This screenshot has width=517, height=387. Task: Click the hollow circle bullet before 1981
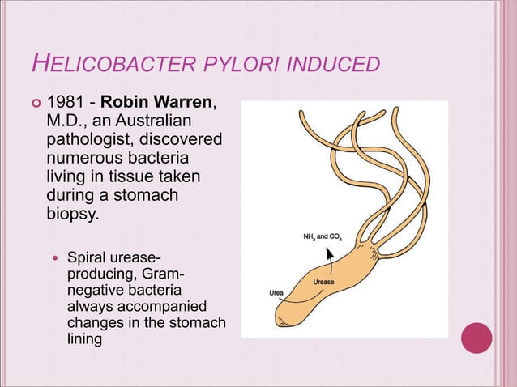pos(33,104)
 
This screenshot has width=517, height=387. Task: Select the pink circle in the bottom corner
pos(476,338)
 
